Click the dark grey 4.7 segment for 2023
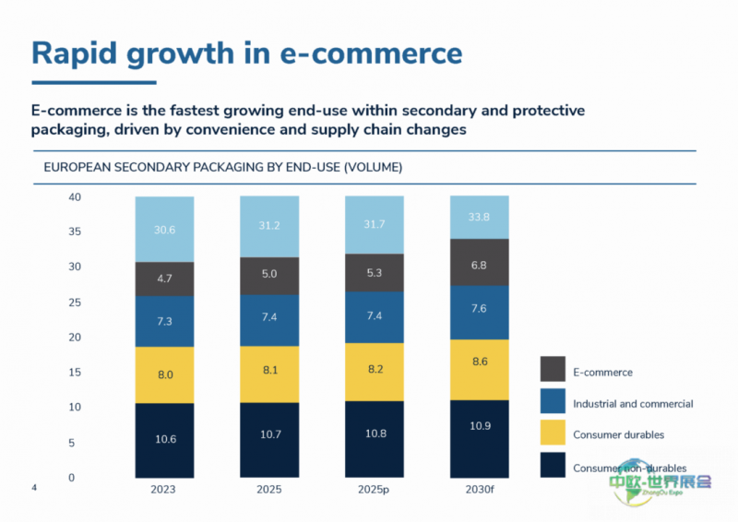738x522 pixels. pyautogui.click(x=165, y=279)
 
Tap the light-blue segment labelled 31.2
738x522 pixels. pyautogui.click(x=270, y=227)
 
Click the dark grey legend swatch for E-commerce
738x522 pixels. pyautogui.click(x=552, y=370)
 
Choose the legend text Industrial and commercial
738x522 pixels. pyautogui.click(x=633, y=404)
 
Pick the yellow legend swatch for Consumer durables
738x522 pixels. pyautogui.click(x=552, y=433)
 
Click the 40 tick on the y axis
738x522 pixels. pyautogui.click(x=76, y=197)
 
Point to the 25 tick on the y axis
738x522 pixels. pyautogui.click(x=76, y=303)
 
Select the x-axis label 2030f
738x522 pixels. pyautogui.click(x=479, y=491)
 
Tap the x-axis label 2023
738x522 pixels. pyautogui.click(x=164, y=491)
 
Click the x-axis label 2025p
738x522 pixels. pyautogui.click(x=375, y=491)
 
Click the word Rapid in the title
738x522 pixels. pyautogui.click(x=75, y=53)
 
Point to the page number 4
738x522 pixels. pyautogui.click(x=34, y=486)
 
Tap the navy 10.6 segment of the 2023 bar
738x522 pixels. pyautogui.click(x=165, y=439)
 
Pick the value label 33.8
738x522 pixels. pyautogui.click(x=479, y=219)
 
